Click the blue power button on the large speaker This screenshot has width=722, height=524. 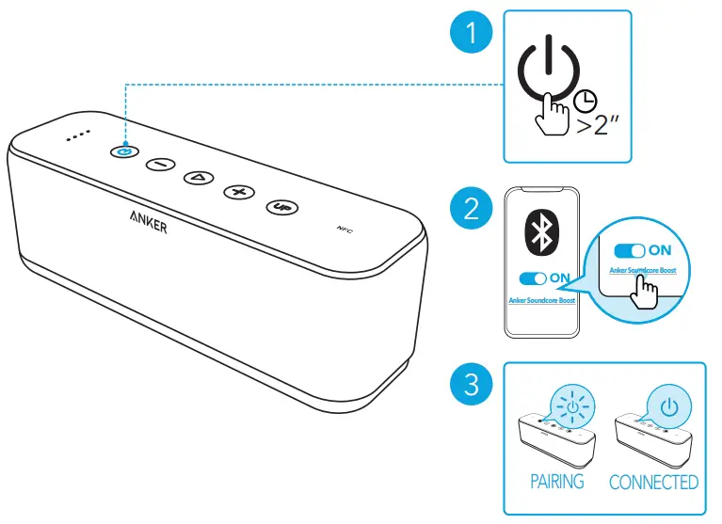124,150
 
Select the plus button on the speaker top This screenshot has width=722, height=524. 239,192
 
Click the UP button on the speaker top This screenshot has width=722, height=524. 280,206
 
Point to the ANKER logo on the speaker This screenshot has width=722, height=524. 149,221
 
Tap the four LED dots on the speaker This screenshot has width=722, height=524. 77,135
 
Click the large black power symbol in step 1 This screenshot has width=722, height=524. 552,68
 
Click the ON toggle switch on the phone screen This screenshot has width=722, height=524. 533,278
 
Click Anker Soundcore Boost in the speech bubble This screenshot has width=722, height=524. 643,271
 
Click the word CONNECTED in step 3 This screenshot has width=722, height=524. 653,482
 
